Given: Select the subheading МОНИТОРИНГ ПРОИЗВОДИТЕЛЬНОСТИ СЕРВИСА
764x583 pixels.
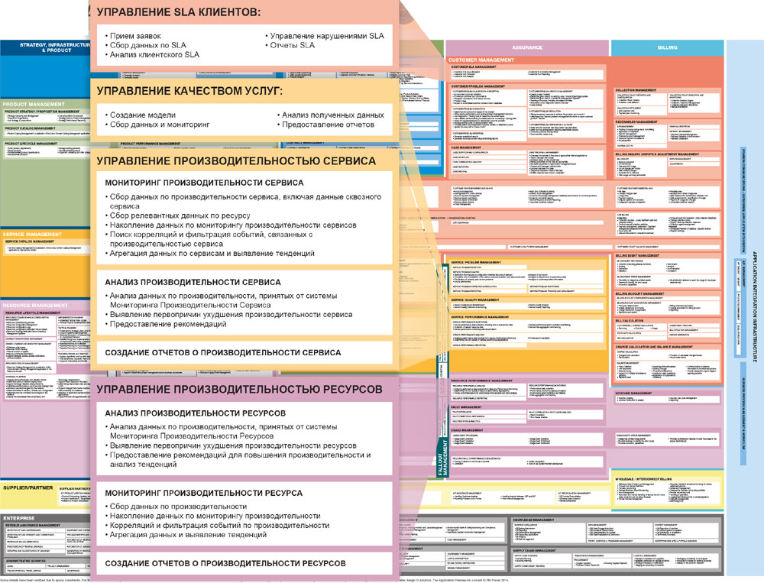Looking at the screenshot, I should click(205, 183).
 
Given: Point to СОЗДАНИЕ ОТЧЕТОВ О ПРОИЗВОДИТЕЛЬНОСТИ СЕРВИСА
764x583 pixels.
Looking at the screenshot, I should click(223, 352).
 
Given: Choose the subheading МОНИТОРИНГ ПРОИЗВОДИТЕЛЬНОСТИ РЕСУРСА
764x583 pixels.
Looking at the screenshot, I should click(202, 493).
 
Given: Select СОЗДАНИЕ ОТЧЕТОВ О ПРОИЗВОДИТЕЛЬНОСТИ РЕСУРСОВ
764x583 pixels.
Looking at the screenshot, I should click(225, 563).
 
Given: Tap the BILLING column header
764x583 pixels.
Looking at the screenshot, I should click(667, 47).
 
